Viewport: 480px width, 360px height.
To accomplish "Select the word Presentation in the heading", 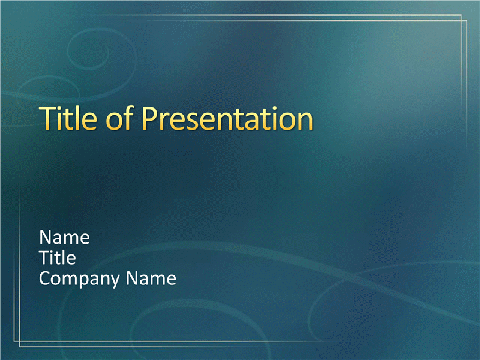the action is (227, 118).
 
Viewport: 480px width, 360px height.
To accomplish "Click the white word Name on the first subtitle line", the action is (64, 238).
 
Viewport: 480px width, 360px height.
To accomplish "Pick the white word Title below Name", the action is (58, 257).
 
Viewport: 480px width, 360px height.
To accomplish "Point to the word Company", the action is (79, 279).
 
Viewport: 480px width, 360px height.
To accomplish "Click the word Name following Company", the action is (151, 278).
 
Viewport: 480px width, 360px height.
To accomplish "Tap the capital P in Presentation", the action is (151, 118).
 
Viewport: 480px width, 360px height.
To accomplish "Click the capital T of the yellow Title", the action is (48, 118).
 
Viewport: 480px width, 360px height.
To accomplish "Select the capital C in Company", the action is (45, 278).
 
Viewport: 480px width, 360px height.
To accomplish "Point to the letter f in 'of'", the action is (128, 118).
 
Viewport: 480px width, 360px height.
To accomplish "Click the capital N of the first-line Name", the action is (46, 238).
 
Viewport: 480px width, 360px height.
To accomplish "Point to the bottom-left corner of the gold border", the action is (14, 341).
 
